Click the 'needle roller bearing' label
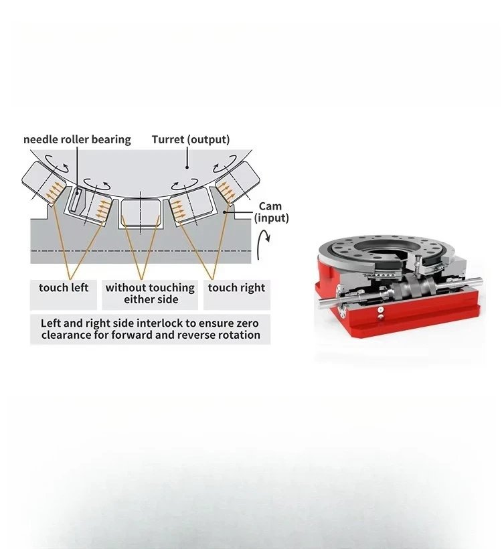tap(77, 140)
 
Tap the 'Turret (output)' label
tap(191, 139)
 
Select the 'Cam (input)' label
tap(271, 212)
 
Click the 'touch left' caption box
tap(64, 295)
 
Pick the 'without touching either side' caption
tap(150, 293)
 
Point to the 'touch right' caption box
tap(237, 295)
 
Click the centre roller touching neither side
tap(141, 212)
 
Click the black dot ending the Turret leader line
tap(187, 167)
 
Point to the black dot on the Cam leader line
tap(225, 212)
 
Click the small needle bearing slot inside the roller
tap(74, 200)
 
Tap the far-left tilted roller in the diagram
tap(44, 183)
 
